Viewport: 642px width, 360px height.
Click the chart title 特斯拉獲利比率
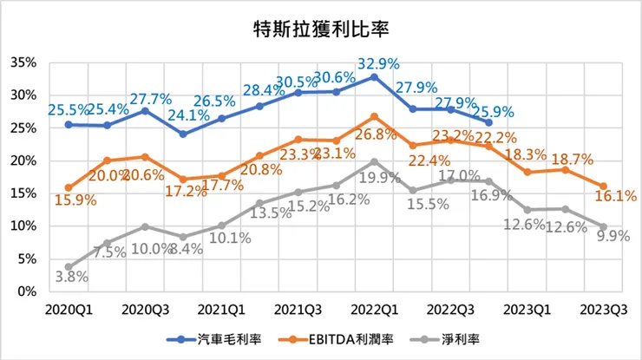(x=321, y=28)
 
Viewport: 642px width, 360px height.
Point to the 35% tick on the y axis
(x=23, y=62)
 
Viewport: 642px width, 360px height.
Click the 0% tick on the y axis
(x=26, y=291)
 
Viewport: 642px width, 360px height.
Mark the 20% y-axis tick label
(x=23, y=160)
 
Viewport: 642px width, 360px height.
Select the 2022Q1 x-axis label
(x=373, y=309)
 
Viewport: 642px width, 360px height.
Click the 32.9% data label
(x=374, y=62)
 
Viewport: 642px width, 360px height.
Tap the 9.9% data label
(x=605, y=241)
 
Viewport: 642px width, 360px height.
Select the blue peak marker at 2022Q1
(x=374, y=76)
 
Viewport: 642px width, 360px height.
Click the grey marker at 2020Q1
(x=69, y=266)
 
